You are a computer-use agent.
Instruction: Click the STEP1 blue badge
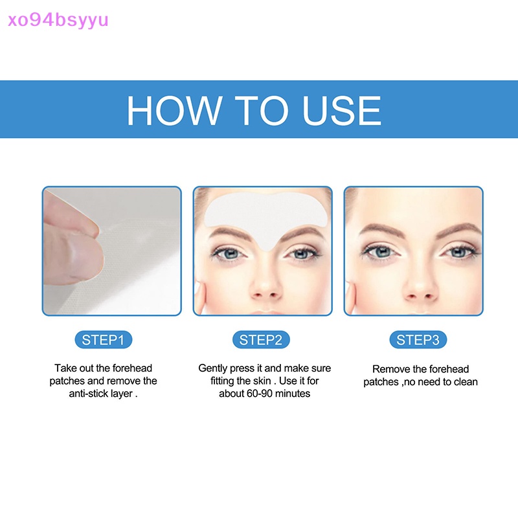coord(103,340)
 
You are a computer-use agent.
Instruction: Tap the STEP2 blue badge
coord(261,340)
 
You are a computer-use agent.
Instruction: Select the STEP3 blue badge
coord(418,340)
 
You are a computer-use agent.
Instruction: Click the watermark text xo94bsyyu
coord(57,20)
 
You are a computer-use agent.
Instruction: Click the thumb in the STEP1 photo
coord(78,253)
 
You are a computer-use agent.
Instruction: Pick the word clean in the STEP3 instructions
coord(466,382)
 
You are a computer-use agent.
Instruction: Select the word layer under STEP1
coord(123,394)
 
